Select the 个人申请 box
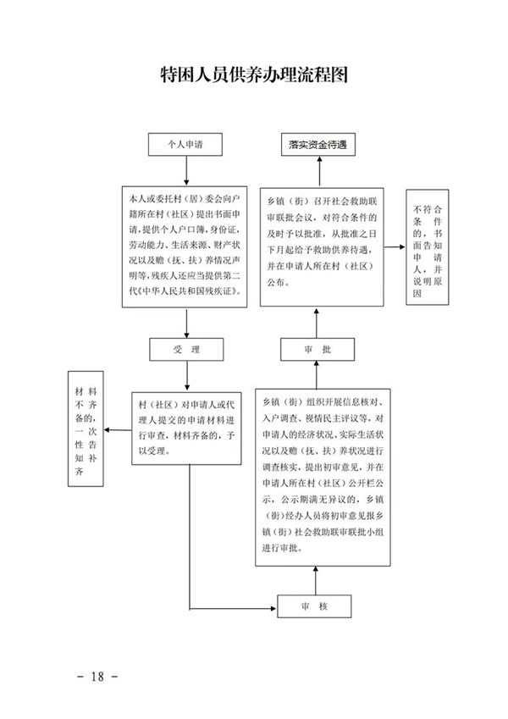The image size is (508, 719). [x=185, y=146]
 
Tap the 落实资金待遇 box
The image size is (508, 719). [x=317, y=146]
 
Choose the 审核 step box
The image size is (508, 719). [x=313, y=607]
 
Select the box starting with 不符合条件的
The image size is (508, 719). [x=428, y=248]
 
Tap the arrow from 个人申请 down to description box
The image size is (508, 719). [x=185, y=172]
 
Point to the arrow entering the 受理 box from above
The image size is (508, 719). [x=185, y=324]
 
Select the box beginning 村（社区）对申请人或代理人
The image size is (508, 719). [x=185, y=438]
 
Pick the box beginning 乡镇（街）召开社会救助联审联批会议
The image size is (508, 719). [x=318, y=246]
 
